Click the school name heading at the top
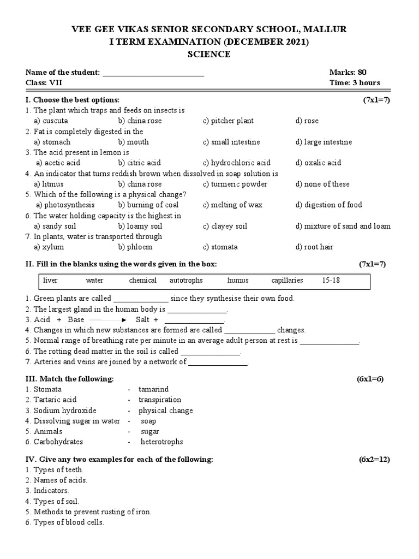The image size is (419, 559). (209, 29)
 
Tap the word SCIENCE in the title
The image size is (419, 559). (209, 54)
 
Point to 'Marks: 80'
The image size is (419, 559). (351, 72)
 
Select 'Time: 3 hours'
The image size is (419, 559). (355, 83)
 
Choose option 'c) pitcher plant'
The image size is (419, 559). (228, 121)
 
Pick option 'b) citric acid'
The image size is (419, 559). (139, 163)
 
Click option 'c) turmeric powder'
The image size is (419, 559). (235, 184)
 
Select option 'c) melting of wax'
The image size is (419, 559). (232, 205)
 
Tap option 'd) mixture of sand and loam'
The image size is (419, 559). (343, 226)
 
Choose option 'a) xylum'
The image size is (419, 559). (49, 247)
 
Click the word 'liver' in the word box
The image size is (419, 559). (50, 280)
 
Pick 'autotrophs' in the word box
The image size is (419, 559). (186, 280)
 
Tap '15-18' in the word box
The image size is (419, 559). (331, 280)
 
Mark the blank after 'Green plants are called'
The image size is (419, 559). (141, 299)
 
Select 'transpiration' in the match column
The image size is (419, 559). (159, 400)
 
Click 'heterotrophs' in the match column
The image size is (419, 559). (161, 442)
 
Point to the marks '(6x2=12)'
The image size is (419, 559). (374, 459)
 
